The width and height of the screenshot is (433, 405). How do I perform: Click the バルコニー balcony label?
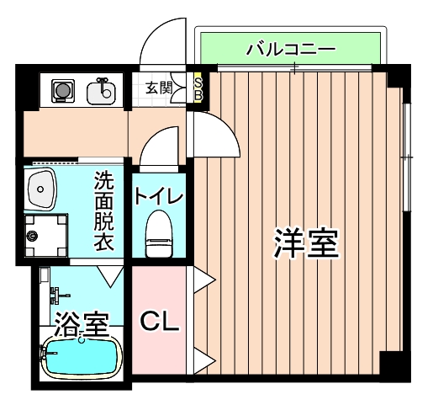click(x=291, y=49)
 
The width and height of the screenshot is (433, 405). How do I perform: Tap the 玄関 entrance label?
click(x=156, y=87)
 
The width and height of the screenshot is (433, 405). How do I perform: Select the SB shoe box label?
click(x=198, y=87)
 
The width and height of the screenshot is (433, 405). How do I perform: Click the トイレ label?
click(x=158, y=197)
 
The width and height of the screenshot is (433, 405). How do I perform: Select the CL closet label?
click(x=159, y=321)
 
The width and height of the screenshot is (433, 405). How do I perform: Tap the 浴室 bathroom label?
click(x=81, y=322)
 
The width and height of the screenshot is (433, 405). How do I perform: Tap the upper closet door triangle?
click(x=201, y=282)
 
